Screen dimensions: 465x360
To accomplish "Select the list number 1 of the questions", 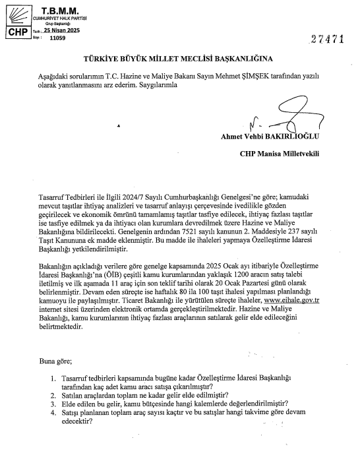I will pos(53,377).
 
